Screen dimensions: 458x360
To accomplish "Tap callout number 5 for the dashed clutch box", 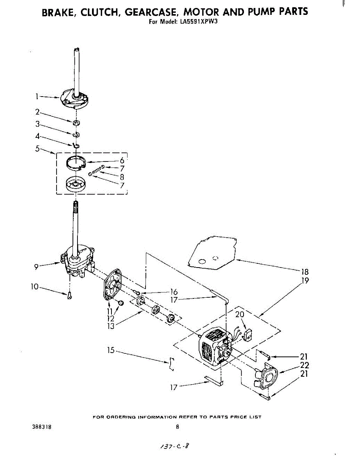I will click(37, 149).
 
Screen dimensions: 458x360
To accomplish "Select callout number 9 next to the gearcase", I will click(36, 267).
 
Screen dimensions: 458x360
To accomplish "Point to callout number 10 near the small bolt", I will click(35, 286).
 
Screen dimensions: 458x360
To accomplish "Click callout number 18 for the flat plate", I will click(305, 272).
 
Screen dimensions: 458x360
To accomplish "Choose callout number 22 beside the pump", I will click(304, 365).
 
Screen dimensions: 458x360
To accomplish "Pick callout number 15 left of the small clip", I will click(111, 350).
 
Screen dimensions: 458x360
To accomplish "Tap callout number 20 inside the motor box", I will click(240, 315).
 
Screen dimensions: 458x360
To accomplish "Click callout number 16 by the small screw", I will click(174, 292).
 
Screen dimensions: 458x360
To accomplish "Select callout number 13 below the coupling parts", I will click(111, 326).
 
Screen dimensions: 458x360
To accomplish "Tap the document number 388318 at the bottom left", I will click(39, 427).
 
